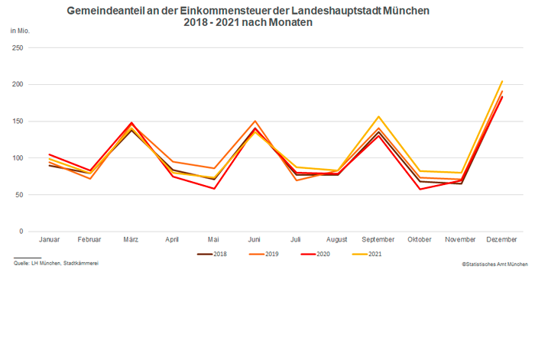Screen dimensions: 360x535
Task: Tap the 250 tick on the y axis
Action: (18, 48)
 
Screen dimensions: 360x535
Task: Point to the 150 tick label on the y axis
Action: (18, 122)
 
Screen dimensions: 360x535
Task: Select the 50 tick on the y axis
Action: (20, 195)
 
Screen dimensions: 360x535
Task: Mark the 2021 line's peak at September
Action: (378, 117)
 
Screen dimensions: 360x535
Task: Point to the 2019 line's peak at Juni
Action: (255, 121)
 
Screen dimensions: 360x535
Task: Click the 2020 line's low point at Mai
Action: (213, 189)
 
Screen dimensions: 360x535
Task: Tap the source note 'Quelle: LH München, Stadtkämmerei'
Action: (56, 263)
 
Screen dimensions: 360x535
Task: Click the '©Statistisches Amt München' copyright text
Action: (494, 263)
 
